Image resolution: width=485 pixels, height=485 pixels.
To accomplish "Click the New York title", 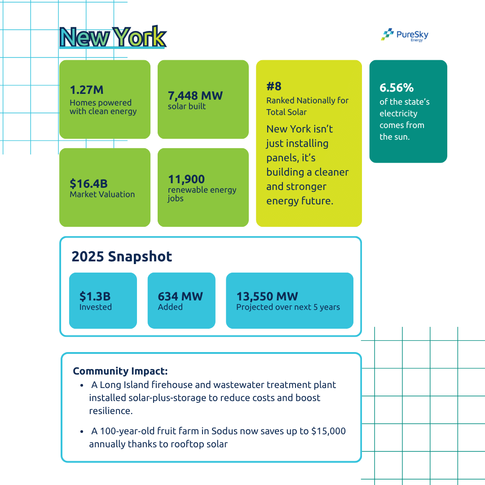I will click(x=113, y=37).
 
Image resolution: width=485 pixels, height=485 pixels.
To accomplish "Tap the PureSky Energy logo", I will click(x=405, y=35).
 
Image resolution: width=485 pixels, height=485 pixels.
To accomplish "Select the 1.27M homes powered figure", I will click(x=87, y=90).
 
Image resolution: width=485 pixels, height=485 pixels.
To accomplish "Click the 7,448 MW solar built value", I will click(x=195, y=95).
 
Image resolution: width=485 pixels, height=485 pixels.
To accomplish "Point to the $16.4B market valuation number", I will click(x=88, y=183).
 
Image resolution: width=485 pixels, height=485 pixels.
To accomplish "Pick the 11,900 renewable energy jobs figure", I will click(x=186, y=179).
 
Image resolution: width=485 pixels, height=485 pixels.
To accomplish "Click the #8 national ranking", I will click(x=274, y=86).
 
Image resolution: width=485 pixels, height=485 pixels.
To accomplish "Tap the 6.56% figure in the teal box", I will click(x=397, y=88).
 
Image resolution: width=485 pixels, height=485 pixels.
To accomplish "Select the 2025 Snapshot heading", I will click(x=122, y=256).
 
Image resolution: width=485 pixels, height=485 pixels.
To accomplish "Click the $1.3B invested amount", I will click(x=95, y=296).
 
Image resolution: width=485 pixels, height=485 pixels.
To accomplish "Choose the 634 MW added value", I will click(x=180, y=296).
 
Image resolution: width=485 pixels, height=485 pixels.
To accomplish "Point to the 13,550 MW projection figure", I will click(x=267, y=296).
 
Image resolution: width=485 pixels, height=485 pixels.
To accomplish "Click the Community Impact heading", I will click(x=120, y=371).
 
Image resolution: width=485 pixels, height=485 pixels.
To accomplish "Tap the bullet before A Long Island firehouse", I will click(x=82, y=386).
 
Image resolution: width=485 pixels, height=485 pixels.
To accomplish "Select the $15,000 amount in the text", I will click(x=328, y=431).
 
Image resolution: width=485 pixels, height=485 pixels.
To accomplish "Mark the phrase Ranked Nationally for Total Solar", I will click(x=307, y=106).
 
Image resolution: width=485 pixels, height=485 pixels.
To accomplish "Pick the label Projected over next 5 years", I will click(x=288, y=308).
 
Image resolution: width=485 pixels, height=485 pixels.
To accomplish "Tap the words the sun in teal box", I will click(x=395, y=137).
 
